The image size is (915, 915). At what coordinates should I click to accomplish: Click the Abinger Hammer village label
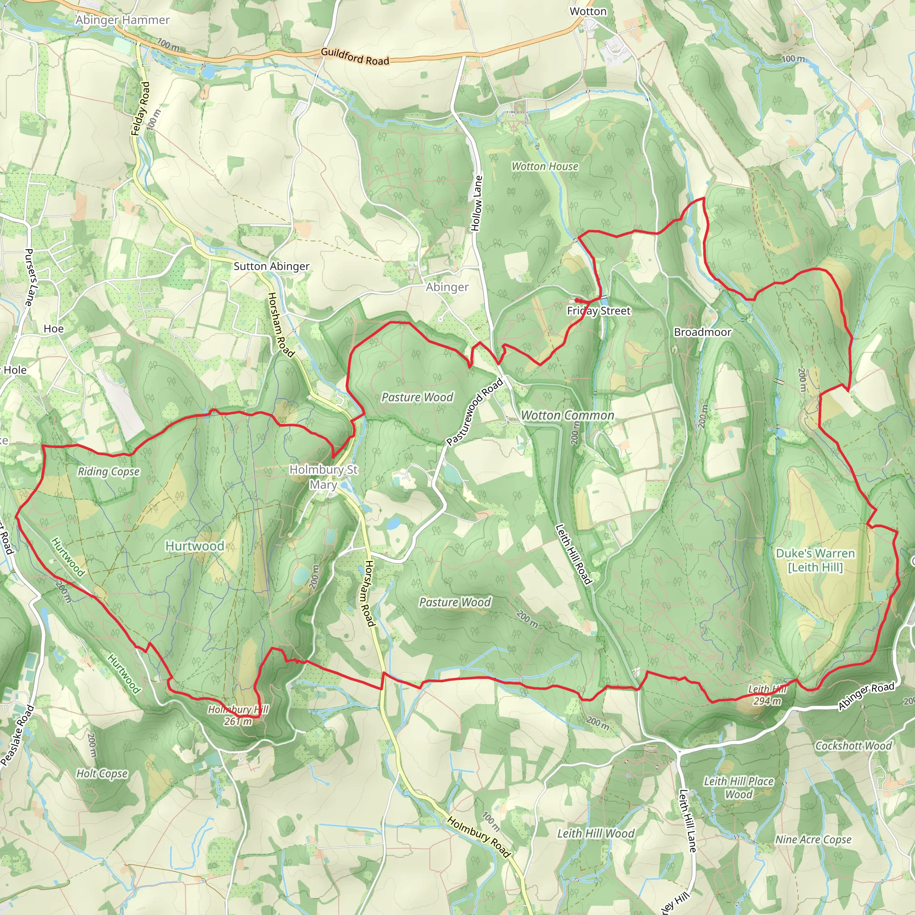click(122, 20)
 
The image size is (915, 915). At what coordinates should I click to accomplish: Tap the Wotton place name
click(588, 11)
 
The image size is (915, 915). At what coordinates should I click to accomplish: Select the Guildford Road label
click(355, 56)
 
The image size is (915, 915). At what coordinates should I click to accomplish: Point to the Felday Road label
click(140, 109)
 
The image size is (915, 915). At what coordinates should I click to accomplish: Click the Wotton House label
click(545, 166)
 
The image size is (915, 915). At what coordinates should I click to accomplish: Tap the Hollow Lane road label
click(477, 204)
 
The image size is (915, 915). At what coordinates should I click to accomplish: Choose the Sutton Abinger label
click(271, 266)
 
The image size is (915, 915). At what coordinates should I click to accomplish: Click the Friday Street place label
click(599, 311)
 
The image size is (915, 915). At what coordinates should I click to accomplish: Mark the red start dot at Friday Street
click(577, 300)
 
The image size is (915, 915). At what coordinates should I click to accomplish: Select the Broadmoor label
click(702, 332)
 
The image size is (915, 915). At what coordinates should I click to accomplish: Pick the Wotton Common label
click(567, 416)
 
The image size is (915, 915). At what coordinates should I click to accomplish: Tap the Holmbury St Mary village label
click(324, 476)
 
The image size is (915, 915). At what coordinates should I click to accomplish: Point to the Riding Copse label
click(109, 471)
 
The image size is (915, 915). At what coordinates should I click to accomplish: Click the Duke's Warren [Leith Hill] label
click(815, 560)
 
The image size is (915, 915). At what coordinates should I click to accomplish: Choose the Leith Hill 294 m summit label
click(767, 695)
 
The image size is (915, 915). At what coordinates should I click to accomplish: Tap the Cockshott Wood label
click(853, 746)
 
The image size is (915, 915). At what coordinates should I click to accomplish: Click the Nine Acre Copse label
click(813, 839)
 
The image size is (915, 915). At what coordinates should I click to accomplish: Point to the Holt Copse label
click(102, 773)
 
